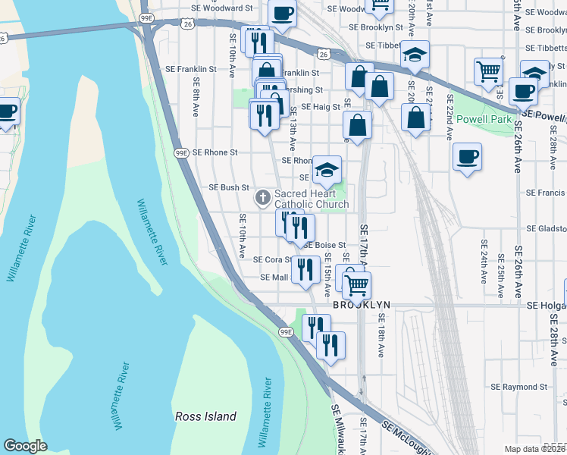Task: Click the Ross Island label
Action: tap(205, 416)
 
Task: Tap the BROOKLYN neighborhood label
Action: tap(362, 305)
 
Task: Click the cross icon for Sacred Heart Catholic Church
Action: tap(263, 199)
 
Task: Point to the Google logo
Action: tap(25, 446)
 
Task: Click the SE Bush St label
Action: tap(229, 187)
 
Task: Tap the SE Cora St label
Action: tap(271, 259)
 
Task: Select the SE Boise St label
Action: tap(325, 245)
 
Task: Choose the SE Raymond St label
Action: tap(518, 387)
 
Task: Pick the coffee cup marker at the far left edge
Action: tap(6, 111)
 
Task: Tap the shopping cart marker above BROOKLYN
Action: tap(356, 285)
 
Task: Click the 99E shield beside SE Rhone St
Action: tap(180, 152)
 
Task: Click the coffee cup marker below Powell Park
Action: tap(467, 157)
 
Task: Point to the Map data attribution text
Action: tap(535, 449)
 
